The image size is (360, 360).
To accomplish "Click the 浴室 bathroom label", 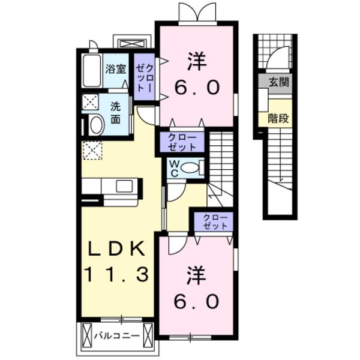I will click(116, 68).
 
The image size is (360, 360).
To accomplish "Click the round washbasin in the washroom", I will click(95, 126).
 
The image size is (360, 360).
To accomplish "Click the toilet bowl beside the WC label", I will click(191, 168).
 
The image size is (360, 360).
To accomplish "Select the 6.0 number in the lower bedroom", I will click(196, 300).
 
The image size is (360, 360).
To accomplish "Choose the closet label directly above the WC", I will click(181, 142).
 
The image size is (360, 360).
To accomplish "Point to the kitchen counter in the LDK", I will click(112, 190).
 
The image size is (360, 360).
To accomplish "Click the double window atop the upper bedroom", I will click(196, 13).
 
